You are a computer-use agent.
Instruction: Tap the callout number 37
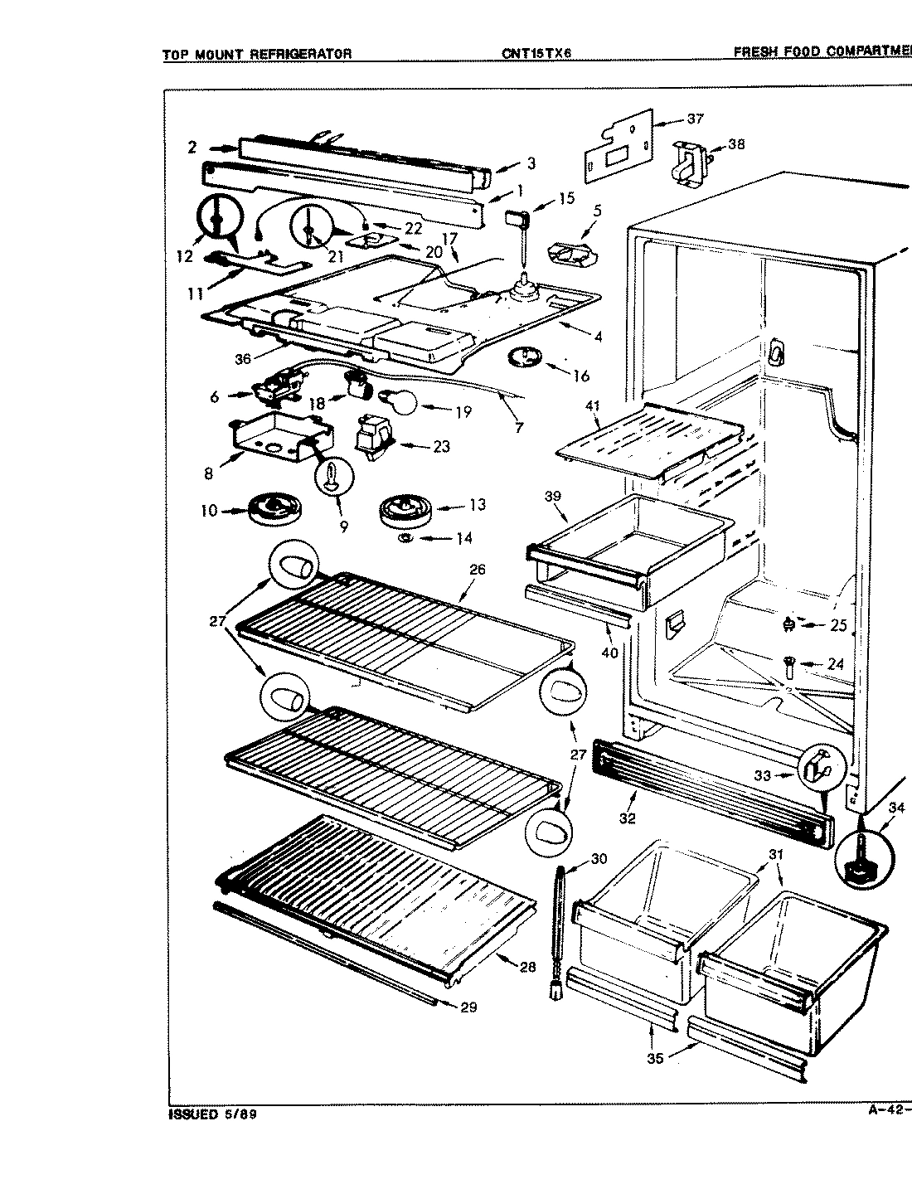[x=695, y=119]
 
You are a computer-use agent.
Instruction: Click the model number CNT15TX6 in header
[x=537, y=53]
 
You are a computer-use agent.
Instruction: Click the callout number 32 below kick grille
[x=627, y=818]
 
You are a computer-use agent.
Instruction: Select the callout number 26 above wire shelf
[x=477, y=570]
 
